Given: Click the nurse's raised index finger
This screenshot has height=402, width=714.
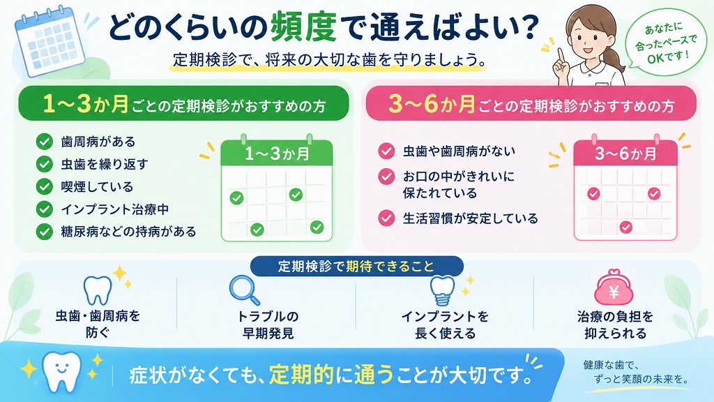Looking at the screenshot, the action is pyautogui.click(x=561, y=56).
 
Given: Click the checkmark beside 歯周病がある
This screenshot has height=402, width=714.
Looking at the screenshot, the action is pyautogui.click(x=44, y=142).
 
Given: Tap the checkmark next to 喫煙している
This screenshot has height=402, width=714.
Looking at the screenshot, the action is pyautogui.click(x=44, y=186).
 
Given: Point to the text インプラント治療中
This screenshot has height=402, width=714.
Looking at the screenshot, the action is pyautogui.click(x=115, y=209).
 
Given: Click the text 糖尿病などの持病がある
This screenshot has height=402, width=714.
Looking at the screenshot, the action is pyautogui.click(x=128, y=232).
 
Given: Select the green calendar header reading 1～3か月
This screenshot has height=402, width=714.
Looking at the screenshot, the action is pyautogui.click(x=277, y=153).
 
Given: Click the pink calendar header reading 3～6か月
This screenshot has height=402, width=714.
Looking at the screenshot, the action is pyautogui.click(x=625, y=153).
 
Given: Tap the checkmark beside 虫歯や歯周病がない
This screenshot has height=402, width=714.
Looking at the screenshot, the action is pyautogui.click(x=386, y=151).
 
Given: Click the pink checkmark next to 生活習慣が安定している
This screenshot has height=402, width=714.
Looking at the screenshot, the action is pyautogui.click(x=386, y=218).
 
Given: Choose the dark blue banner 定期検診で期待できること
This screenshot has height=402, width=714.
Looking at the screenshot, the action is pyautogui.click(x=356, y=266).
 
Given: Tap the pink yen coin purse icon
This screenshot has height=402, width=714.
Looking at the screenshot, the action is pyautogui.click(x=614, y=287).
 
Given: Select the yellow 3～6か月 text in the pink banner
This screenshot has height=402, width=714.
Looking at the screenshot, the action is pyautogui.click(x=432, y=104).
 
